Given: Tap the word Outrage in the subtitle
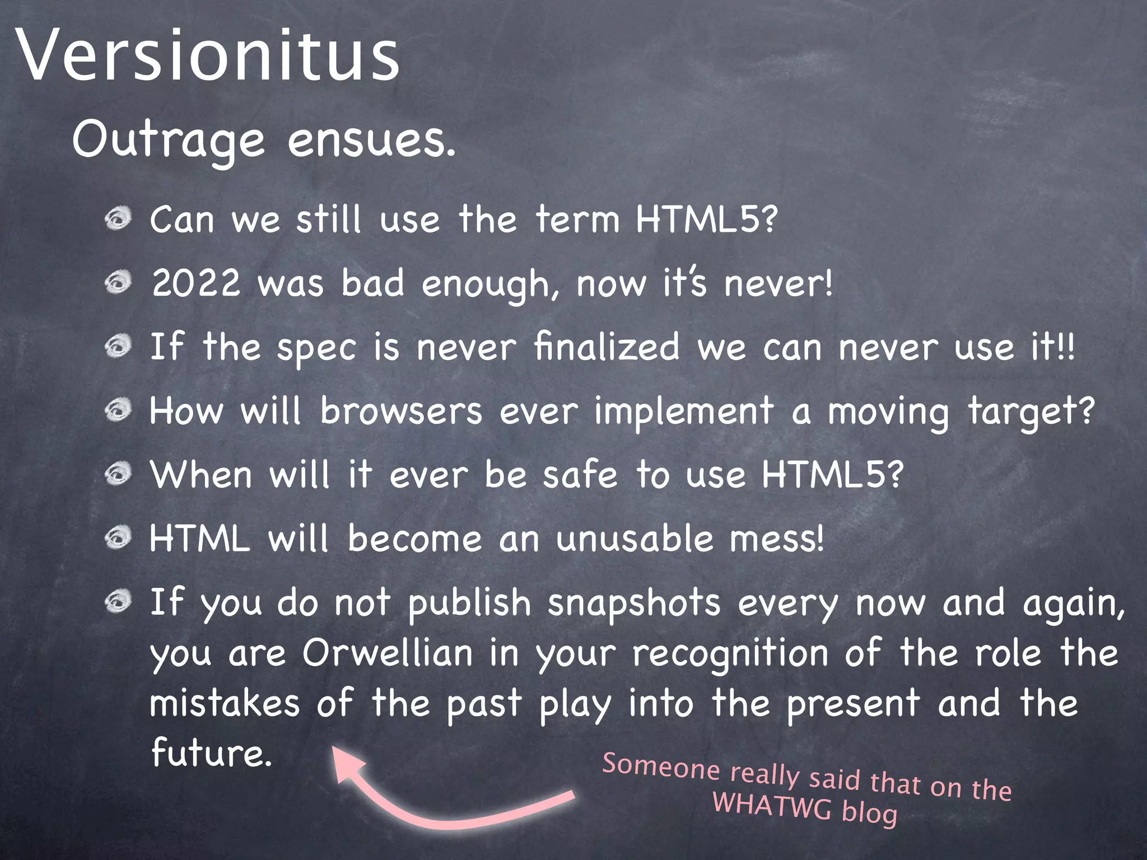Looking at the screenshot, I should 168,141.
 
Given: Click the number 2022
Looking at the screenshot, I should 196,283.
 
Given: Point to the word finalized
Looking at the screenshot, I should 607,347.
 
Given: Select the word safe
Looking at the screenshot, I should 580,474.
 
